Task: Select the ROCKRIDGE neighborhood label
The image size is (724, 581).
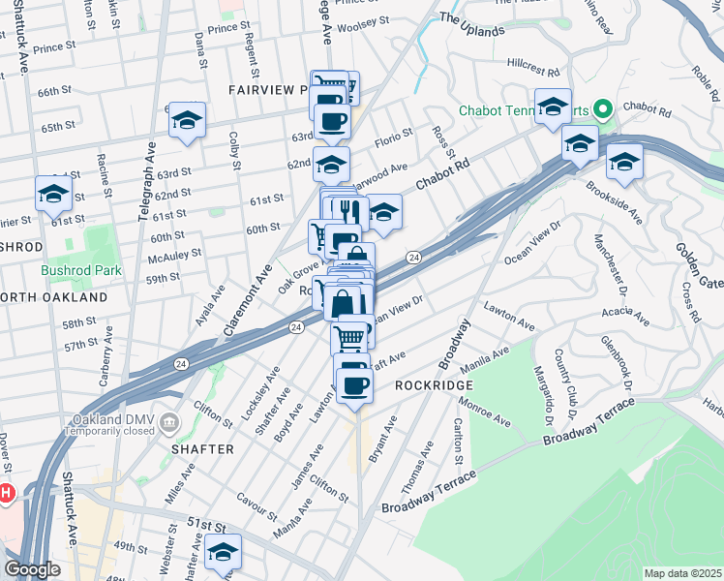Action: click(x=432, y=384)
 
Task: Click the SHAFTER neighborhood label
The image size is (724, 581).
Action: click(x=203, y=449)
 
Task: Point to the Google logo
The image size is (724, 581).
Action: click(x=32, y=569)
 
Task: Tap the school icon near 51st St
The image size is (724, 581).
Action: click(x=224, y=553)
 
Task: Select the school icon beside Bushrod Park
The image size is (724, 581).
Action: click(x=53, y=195)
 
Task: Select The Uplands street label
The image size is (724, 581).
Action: click(x=471, y=24)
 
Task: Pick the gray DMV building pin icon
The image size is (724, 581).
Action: click(x=169, y=421)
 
